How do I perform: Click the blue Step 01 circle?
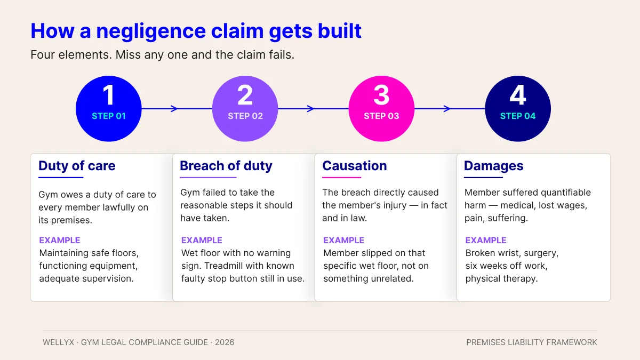click(x=108, y=109)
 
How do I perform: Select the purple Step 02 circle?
click(x=245, y=109)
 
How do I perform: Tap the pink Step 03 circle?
click(x=381, y=109)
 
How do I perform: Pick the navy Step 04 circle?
click(x=517, y=109)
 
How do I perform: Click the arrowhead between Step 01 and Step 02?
click(x=174, y=109)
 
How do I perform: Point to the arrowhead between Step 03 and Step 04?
click(x=447, y=109)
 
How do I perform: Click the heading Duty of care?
click(x=77, y=166)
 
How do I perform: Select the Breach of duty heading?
click(x=226, y=166)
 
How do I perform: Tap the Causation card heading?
click(x=354, y=166)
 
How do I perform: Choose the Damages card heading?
click(x=493, y=166)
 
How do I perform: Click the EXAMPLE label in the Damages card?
click(x=486, y=240)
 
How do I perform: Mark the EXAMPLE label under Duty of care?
click(x=60, y=240)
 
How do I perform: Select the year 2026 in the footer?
click(x=225, y=342)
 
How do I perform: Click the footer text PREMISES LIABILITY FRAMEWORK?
click(x=532, y=342)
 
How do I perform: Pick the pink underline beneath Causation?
click(x=342, y=178)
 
